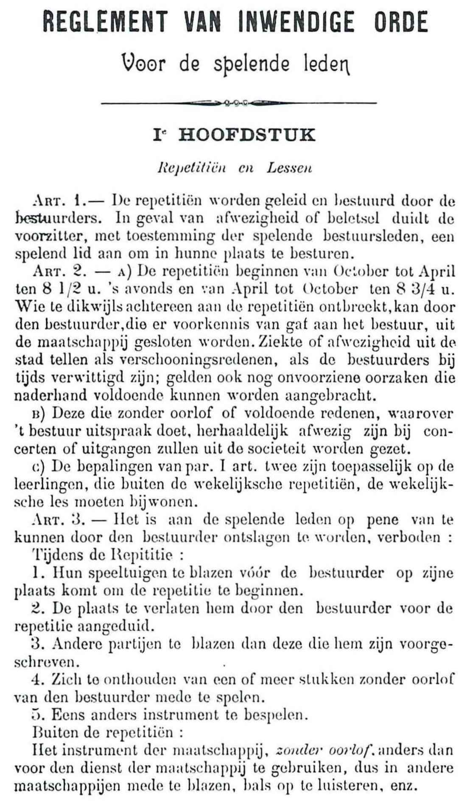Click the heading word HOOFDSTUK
tap(247, 135)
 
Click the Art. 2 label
tap(57, 270)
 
